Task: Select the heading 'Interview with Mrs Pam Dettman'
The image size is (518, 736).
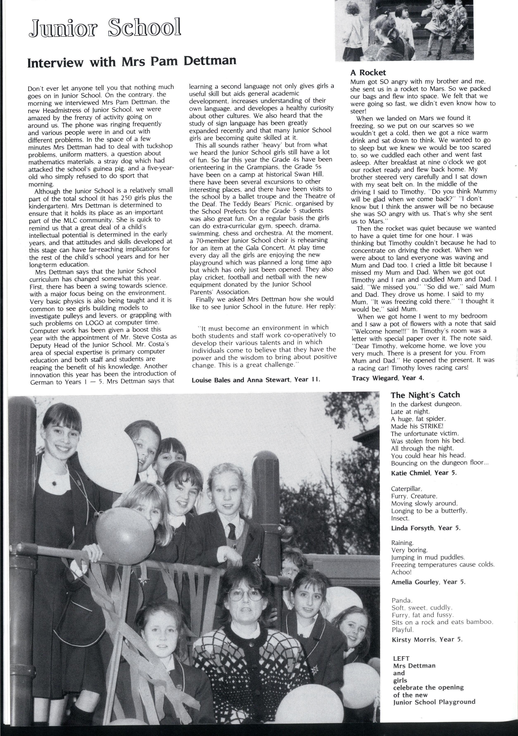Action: coord(132,61)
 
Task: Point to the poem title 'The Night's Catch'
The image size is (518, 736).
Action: coord(425,395)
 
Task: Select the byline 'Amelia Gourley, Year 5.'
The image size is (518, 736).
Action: coord(428,582)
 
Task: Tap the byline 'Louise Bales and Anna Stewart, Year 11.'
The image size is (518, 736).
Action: coord(256,380)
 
